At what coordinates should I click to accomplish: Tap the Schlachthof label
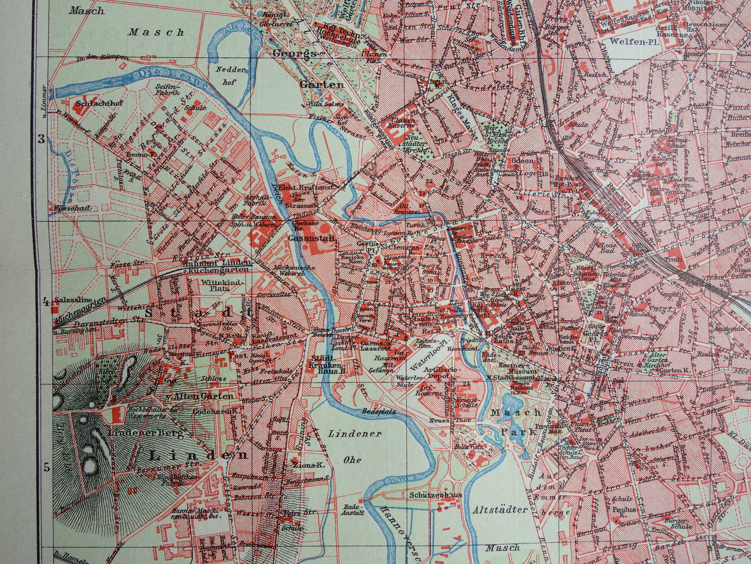click(x=98, y=102)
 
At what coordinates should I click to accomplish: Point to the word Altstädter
click(x=499, y=509)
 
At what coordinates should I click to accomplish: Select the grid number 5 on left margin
click(x=46, y=467)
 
